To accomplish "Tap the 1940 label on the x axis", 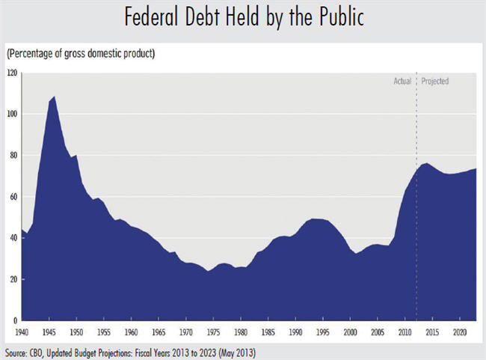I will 23,331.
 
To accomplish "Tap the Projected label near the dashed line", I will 435,81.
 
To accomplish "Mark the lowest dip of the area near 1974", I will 207,270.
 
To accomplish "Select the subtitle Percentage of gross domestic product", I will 81,55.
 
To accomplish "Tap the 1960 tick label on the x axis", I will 132,331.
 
